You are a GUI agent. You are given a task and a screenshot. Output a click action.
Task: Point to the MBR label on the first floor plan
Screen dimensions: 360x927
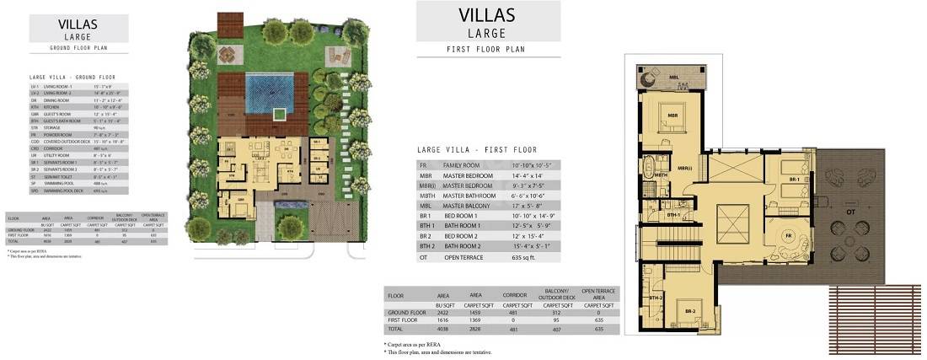pyautogui.click(x=673, y=116)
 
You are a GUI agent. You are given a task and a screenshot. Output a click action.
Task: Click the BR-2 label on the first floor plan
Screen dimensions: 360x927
pyautogui.click(x=689, y=311)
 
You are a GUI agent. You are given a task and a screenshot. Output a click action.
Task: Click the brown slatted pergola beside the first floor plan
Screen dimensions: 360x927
pyautogui.click(x=876, y=317)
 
